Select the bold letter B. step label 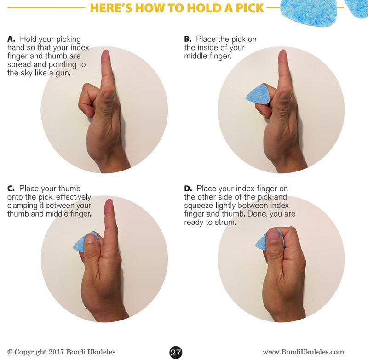point(188,40)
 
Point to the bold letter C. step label point(11,189)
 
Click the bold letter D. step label point(188,189)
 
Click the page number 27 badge point(176,352)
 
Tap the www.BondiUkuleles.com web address point(303,352)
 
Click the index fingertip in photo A point(106,56)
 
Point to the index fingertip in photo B point(282,56)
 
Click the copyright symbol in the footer point(10,352)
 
